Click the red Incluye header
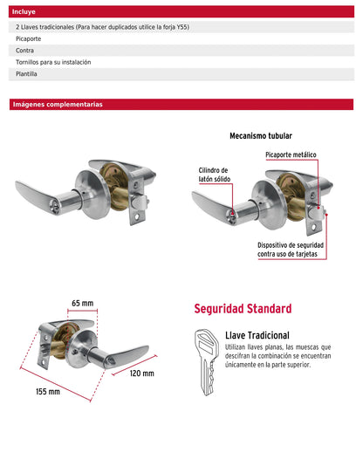[181, 11]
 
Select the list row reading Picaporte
[181, 38]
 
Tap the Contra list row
[181, 51]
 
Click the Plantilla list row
[181, 74]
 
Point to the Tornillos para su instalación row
[181, 62]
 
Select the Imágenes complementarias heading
[58, 105]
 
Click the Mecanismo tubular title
[261, 136]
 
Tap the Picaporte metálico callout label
[291, 154]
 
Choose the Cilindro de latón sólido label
[215, 175]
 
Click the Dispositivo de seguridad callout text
[291, 250]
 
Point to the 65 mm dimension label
[82, 303]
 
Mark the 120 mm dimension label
[142, 374]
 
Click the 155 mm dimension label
[48, 392]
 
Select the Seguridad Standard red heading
[243, 309]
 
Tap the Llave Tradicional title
[257, 335]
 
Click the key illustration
[207, 362]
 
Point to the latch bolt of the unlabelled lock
[139, 202]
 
